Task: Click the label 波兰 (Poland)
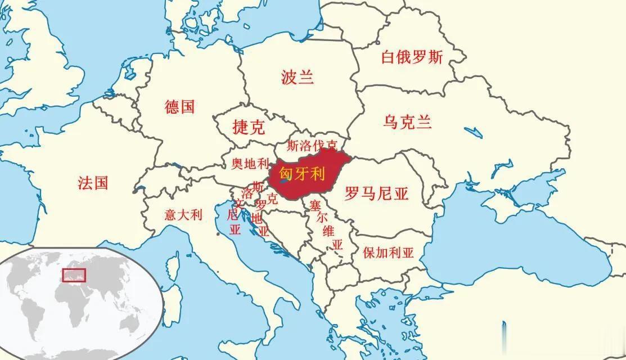[298, 77]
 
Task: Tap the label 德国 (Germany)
[180, 106]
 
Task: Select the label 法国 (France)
[93, 182]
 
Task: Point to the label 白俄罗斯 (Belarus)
[412, 57]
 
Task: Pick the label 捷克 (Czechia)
[248, 127]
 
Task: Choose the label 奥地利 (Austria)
[251, 164]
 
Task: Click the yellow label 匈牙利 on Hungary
[303, 175]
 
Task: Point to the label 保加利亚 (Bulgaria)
[388, 253]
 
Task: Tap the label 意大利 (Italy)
[183, 214]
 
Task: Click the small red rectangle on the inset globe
[74, 275]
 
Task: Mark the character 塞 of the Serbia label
[314, 205]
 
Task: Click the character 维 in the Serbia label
[328, 231]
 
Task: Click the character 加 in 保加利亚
[382, 253]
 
